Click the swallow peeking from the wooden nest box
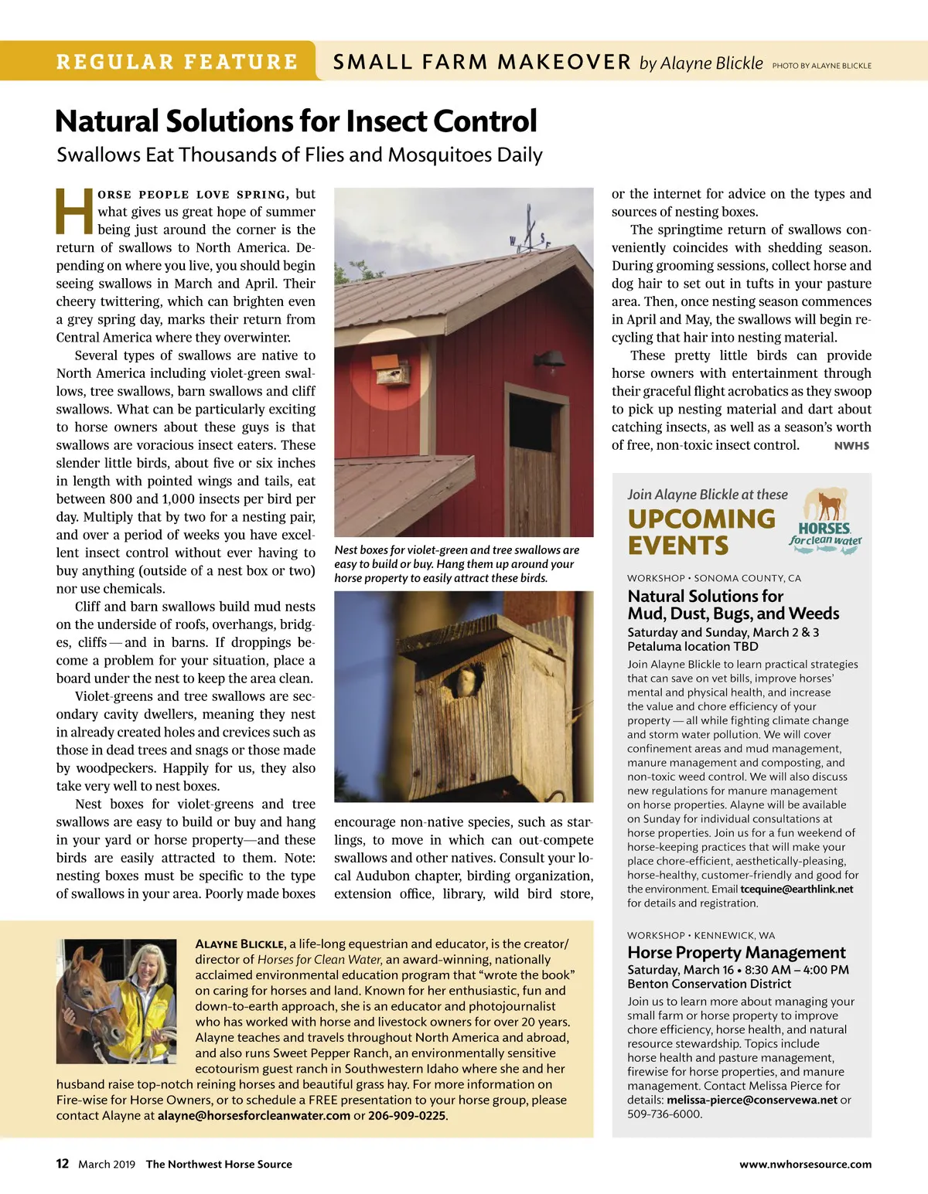pos(466,682)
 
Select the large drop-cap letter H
pos(75,211)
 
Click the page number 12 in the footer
pos(62,1164)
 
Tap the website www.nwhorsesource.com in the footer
pos(805,1165)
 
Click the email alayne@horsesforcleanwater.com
pos(254,1116)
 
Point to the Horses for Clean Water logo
pos(825,518)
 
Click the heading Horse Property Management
pos(736,952)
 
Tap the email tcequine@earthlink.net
pos(797,889)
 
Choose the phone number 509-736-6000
pos(664,1114)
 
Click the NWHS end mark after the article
pos(851,446)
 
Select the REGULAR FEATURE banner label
pos(176,62)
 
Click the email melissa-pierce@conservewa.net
pos(752,1100)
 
